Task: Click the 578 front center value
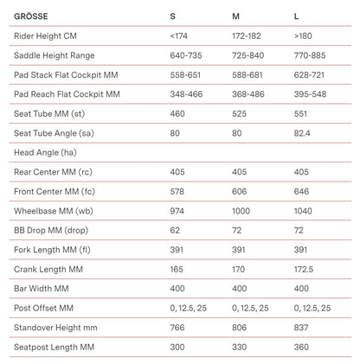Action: tap(178, 191)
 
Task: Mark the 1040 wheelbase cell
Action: tap(304, 210)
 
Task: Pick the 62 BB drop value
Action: tap(176, 230)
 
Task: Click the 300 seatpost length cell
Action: tap(178, 347)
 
